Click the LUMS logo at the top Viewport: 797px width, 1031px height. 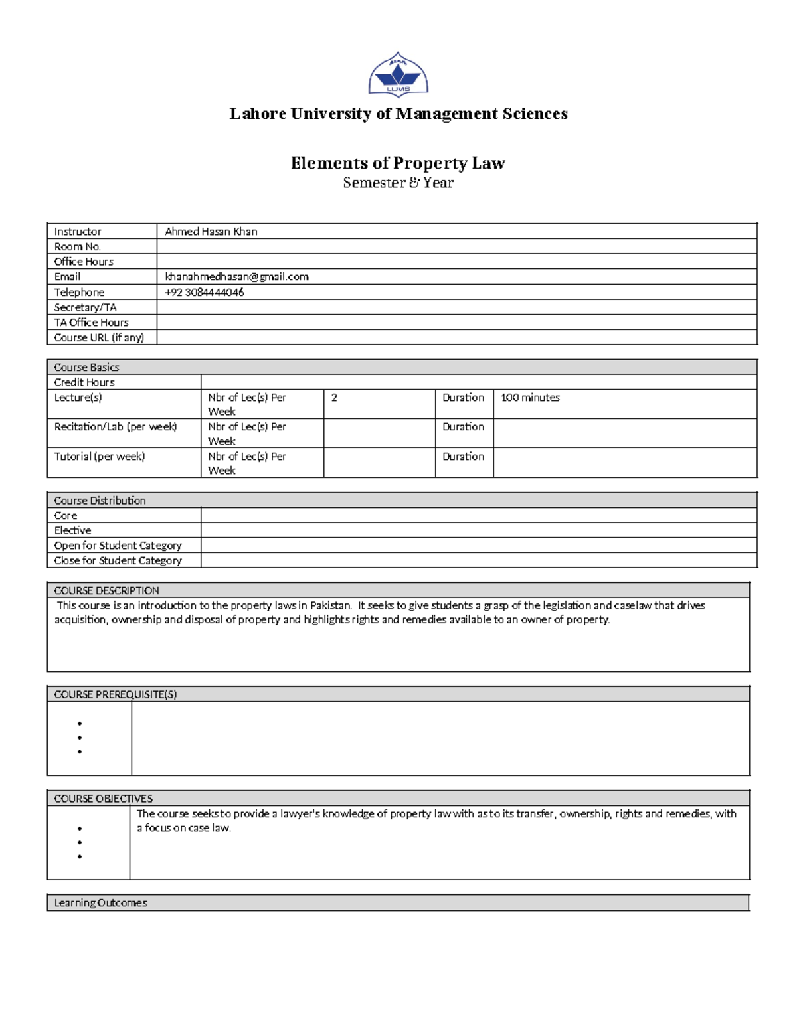pyautogui.click(x=398, y=75)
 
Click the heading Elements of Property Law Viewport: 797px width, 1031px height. pyautogui.click(x=398, y=163)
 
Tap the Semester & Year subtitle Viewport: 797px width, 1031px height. pyautogui.click(x=398, y=183)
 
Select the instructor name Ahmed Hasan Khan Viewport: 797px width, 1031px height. pyautogui.click(x=211, y=232)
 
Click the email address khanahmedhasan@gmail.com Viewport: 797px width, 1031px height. pyautogui.click(x=236, y=277)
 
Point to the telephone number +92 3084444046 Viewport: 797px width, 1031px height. pyautogui.click(x=204, y=293)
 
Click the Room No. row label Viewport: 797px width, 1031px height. pyautogui.click(x=77, y=247)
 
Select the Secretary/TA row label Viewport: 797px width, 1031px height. pyautogui.click(x=85, y=307)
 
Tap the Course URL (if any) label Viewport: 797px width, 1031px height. pyautogui.click(x=99, y=337)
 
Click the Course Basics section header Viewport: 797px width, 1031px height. pyautogui.click(x=86, y=367)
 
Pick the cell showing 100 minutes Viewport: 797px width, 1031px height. pyautogui.click(x=530, y=398)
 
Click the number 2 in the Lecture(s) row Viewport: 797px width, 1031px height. pyautogui.click(x=334, y=398)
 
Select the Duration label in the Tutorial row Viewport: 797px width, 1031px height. pyautogui.click(x=463, y=457)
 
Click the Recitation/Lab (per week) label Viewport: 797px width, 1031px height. pyautogui.click(x=116, y=427)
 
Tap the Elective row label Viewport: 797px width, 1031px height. pyautogui.click(x=72, y=530)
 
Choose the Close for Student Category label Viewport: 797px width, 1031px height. pyautogui.click(x=118, y=560)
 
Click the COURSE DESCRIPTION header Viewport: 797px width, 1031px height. pyautogui.click(x=106, y=590)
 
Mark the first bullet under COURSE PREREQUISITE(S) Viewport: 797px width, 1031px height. pyautogui.click(x=80, y=724)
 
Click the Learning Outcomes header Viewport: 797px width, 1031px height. pyautogui.click(x=100, y=903)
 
